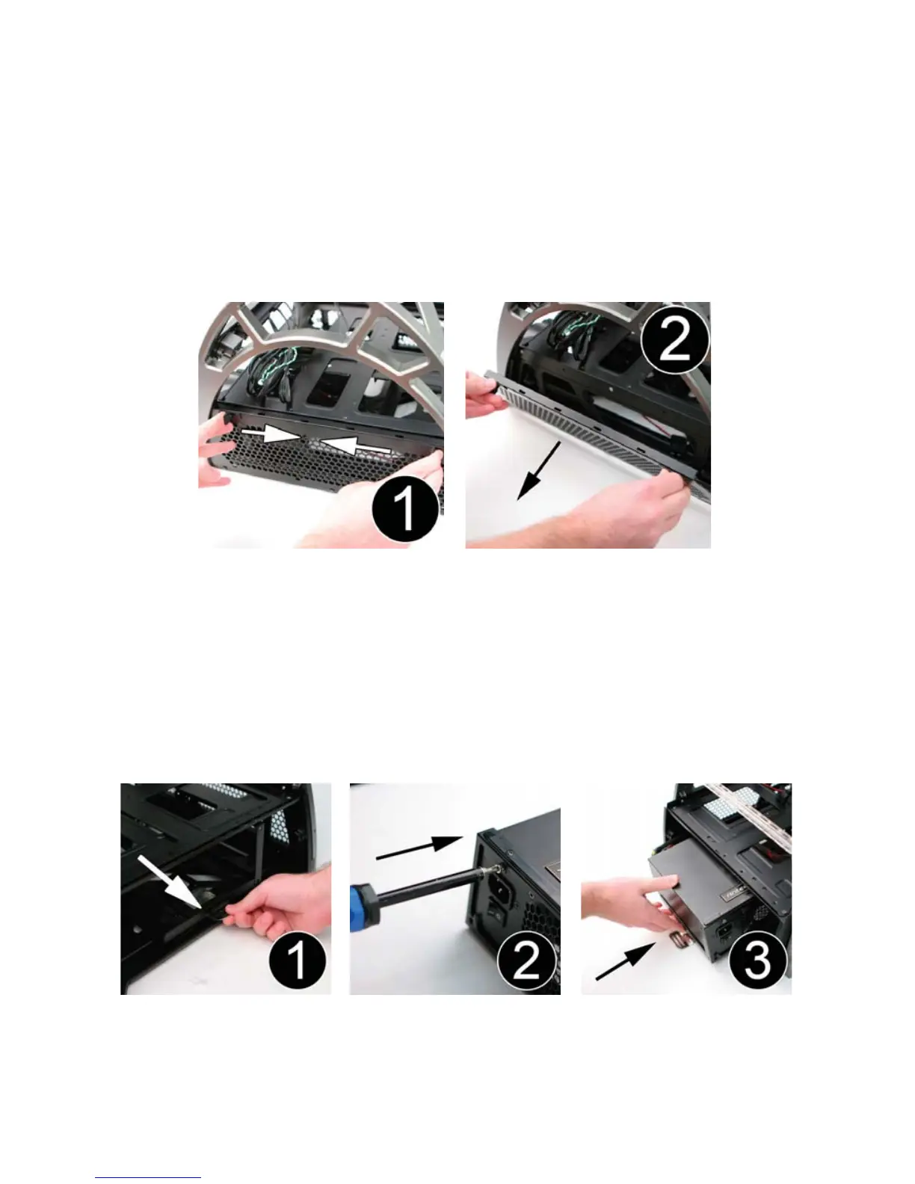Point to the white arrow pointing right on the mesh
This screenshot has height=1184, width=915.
tap(271, 434)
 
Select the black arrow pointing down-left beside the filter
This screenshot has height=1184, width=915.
tap(538, 471)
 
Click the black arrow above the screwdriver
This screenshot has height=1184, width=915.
tap(419, 848)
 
